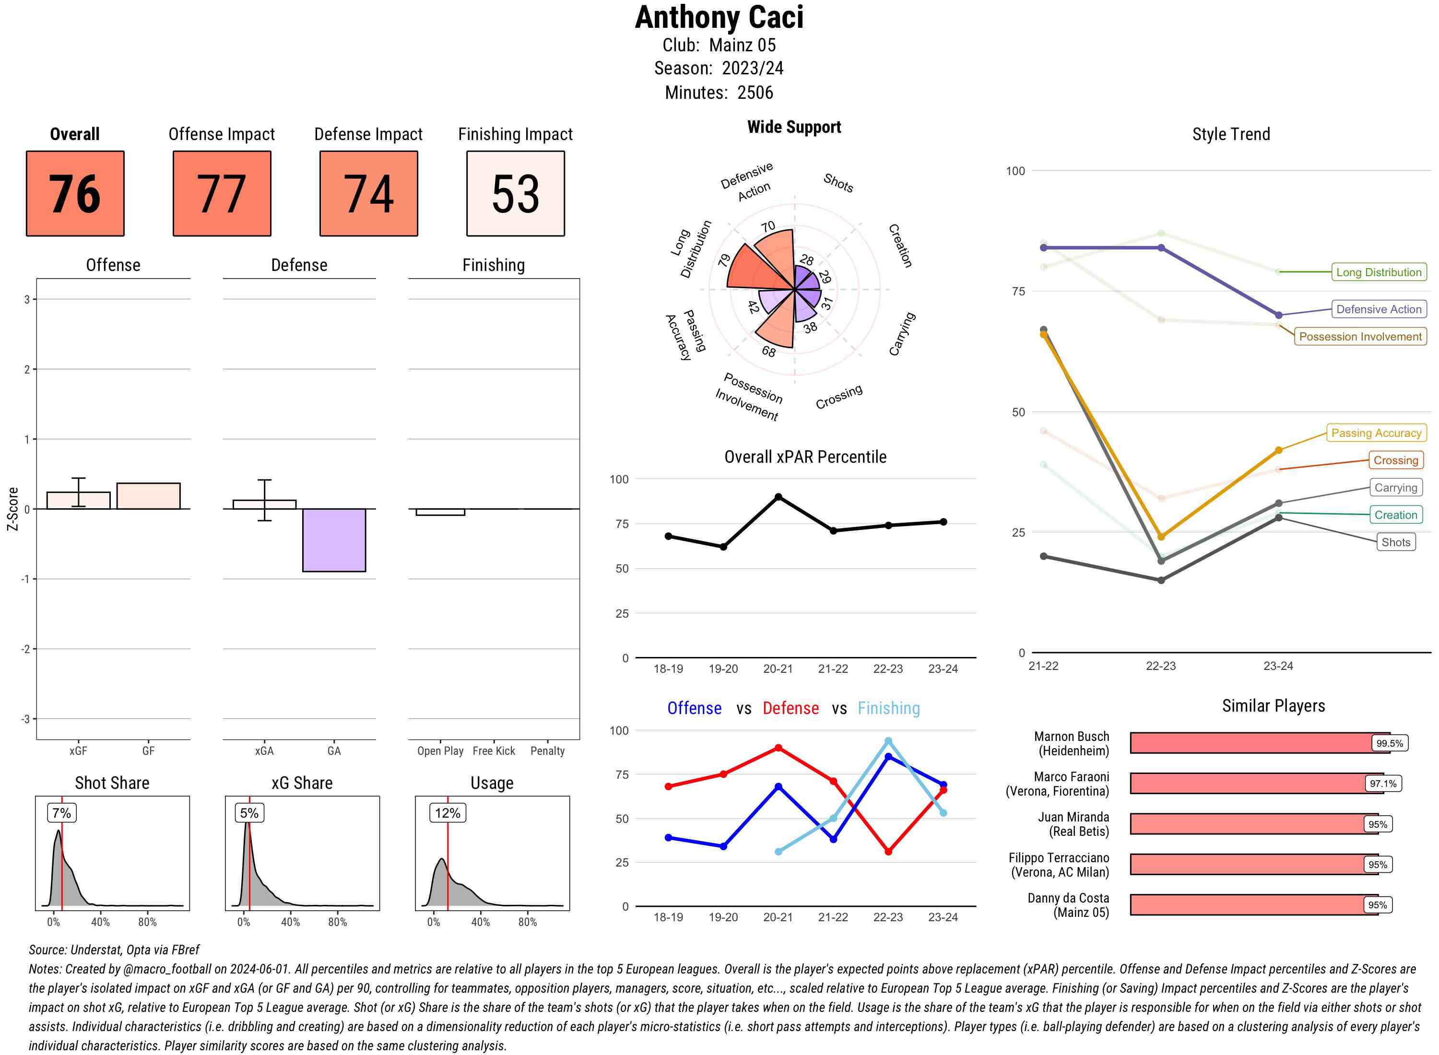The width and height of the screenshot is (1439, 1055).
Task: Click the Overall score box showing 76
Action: tap(75, 194)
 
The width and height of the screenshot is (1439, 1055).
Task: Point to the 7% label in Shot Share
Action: tap(61, 813)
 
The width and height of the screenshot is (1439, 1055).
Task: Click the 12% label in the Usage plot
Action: tap(447, 813)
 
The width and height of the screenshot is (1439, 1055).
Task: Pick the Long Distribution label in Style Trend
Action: tap(1379, 272)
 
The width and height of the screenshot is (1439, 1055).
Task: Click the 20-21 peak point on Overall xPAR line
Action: tap(778, 497)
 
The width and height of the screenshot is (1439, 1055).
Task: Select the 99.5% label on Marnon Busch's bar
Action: tap(1389, 743)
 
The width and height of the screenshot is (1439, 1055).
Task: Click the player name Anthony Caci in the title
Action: tap(719, 17)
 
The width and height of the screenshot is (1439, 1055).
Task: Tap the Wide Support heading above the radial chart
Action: tap(794, 127)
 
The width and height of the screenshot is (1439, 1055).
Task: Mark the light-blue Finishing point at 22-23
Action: tap(888, 741)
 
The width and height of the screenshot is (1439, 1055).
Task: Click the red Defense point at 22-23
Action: tap(888, 851)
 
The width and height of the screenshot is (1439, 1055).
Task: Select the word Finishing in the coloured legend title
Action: tap(888, 708)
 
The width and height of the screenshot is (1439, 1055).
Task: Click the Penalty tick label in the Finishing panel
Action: tap(547, 751)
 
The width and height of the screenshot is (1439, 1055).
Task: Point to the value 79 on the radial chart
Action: tap(724, 260)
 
